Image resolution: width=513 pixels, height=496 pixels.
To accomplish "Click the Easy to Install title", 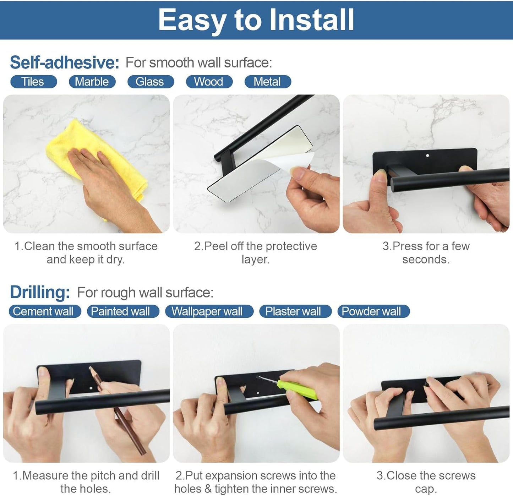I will pyautogui.click(x=256, y=20).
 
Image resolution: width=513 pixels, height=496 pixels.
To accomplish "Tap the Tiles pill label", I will pyautogui.click(x=33, y=82).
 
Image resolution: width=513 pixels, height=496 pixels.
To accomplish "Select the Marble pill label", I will pyautogui.click(x=92, y=82).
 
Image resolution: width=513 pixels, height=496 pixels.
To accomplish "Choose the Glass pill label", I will pyautogui.click(x=150, y=82).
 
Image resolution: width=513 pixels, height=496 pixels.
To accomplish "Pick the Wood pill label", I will pyautogui.click(x=209, y=82).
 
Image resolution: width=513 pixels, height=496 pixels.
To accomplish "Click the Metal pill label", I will pyautogui.click(x=267, y=82).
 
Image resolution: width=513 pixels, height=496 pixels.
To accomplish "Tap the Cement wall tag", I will pyautogui.click(x=44, y=311).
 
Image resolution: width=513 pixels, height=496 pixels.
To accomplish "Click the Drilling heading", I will pyautogui.click(x=40, y=292).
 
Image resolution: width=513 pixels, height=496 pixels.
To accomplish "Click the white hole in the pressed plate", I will pyautogui.click(x=427, y=156).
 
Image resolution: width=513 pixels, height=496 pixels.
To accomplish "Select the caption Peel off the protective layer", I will pyautogui.click(x=255, y=252).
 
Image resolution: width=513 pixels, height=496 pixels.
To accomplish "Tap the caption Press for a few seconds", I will pyautogui.click(x=426, y=252).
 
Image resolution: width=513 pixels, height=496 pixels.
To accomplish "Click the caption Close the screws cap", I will pyautogui.click(x=426, y=482).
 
